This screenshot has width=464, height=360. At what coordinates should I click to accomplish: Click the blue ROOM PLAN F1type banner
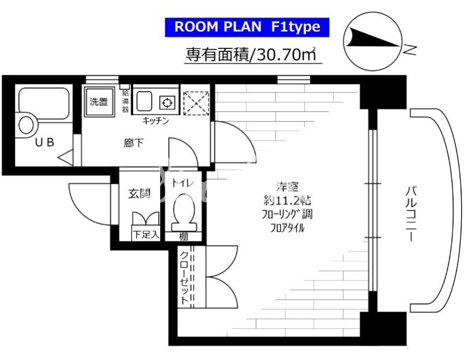(x=247, y=27)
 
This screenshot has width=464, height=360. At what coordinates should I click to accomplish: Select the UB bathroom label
(x=45, y=143)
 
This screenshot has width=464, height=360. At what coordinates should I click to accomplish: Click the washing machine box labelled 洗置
(x=99, y=102)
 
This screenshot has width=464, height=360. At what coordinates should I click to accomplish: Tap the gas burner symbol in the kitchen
(x=168, y=103)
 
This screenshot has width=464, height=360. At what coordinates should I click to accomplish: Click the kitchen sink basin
(x=144, y=101)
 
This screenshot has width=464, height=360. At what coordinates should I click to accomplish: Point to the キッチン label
(x=156, y=121)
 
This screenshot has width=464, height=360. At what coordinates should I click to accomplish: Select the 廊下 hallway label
(x=134, y=143)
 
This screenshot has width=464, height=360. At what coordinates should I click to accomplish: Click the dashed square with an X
(x=196, y=103)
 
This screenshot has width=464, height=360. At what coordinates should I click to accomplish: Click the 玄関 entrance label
(x=139, y=194)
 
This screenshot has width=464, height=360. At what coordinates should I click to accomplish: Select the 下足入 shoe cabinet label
(x=146, y=235)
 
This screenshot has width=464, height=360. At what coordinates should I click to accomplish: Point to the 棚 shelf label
(x=183, y=237)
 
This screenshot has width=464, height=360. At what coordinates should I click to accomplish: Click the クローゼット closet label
(x=184, y=278)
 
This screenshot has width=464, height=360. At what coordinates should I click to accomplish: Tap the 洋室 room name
(x=287, y=187)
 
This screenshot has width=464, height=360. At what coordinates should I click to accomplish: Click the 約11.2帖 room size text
(x=287, y=201)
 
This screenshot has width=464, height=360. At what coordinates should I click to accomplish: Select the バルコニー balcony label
(x=411, y=214)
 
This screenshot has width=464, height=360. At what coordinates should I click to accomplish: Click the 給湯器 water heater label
(x=126, y=101)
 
